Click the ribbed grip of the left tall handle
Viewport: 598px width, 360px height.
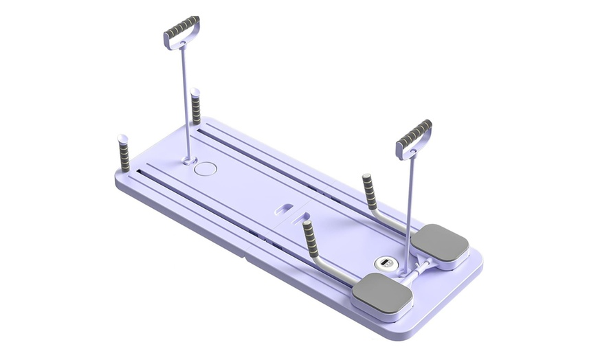(x=181, y=27)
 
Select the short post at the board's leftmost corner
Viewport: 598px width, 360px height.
(x=124, y=155)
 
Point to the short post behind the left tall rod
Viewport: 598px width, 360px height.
(x=196, y=106)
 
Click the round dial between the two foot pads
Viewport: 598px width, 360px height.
(x=384, y=262)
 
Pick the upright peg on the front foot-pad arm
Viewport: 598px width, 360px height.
(x=311, y=238)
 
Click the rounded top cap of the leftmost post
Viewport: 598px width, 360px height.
(x=122, y=138)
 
